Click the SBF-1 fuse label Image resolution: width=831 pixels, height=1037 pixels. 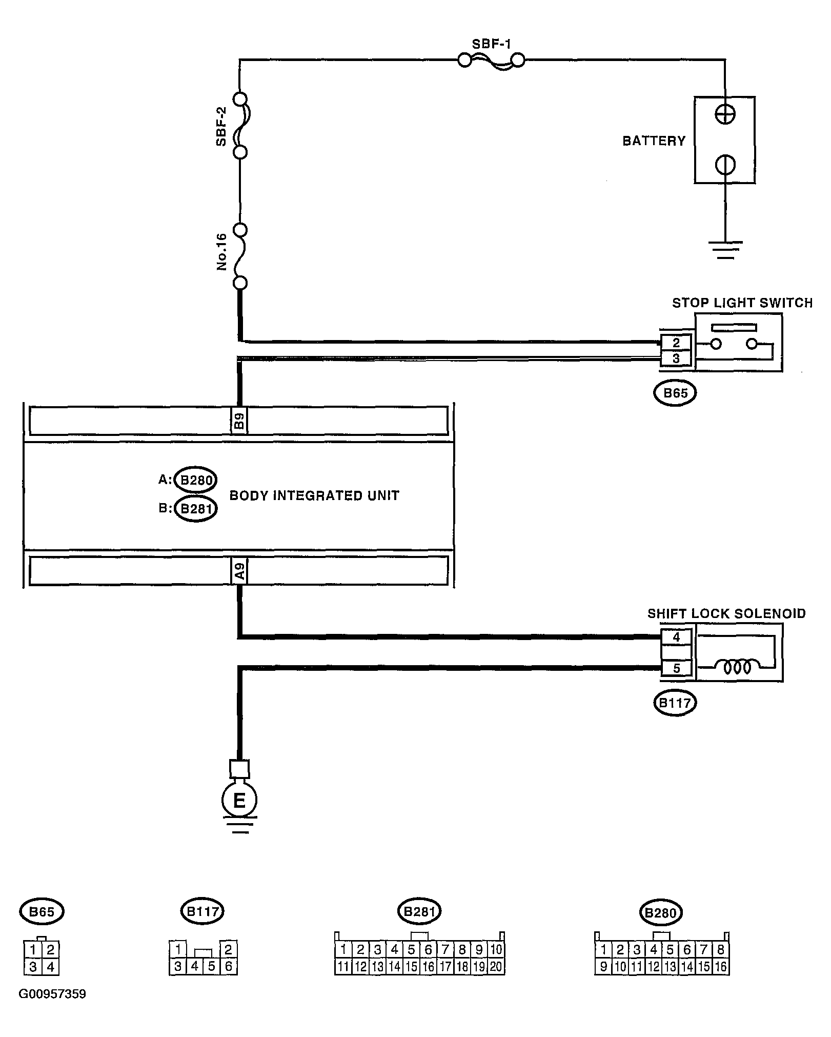point(491,44)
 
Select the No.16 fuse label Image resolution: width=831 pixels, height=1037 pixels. point(221,252)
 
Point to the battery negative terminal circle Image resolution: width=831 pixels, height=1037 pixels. point(725,165)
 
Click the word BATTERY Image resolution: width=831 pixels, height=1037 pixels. point(654,141)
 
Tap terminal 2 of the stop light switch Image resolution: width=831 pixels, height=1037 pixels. point(676,343)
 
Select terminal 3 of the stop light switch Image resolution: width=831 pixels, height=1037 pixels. point(676,358)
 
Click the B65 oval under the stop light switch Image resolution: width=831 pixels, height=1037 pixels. point(675,393)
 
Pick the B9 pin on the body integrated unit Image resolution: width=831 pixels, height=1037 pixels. point(239,421)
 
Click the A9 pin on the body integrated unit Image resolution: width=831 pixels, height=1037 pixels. point(239,570)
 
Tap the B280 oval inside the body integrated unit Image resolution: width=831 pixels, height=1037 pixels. point(195,480)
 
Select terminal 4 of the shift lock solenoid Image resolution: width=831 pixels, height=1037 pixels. point(676,637)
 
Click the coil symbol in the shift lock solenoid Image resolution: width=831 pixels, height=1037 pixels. point(737,667)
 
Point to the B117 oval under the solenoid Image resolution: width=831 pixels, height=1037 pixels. point(675,703)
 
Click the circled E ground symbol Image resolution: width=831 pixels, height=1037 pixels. point(239,801)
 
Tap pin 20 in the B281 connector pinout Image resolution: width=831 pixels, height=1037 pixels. point(496,967)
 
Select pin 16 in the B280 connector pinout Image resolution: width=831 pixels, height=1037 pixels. point(720,967)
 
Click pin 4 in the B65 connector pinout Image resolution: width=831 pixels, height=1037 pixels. point(50,967)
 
